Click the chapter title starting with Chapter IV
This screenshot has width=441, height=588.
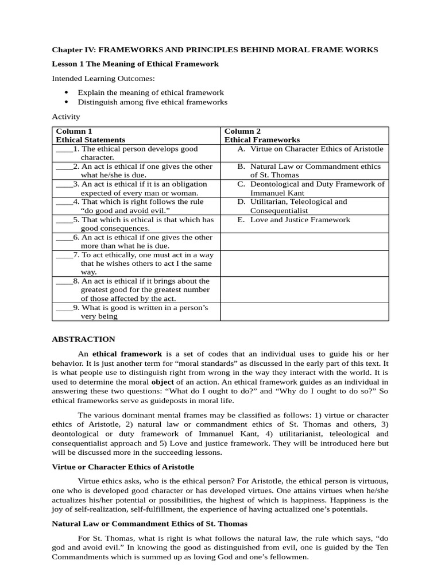click(215, 50)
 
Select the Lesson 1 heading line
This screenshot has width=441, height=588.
click(135, 64)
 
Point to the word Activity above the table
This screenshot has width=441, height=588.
click(66, 117)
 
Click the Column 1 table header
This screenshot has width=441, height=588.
click(73, 131)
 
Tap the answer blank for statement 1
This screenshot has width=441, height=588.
click(64, 149)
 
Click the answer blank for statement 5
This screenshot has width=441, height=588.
click(64, 220)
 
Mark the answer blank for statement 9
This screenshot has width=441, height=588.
click(64, 308)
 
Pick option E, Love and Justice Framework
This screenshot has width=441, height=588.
click(293, 220)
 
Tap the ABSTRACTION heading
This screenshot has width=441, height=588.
click(83, 339)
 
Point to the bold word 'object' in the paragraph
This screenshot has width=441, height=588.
click(162, 382)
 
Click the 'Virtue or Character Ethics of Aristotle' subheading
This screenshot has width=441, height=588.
click(123, 467)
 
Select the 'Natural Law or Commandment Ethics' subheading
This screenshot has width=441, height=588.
click(149, 524)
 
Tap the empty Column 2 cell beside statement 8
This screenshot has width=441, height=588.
click(304, 290)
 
